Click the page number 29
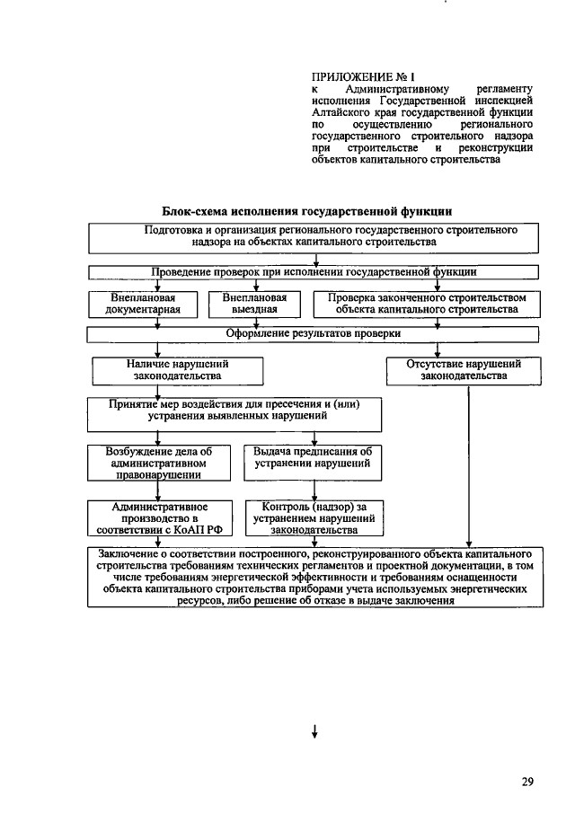[x=527, y=782]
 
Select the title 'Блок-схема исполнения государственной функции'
[x=306, y=211]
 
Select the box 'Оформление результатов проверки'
[x=314, y=333]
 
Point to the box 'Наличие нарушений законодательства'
[x=177, y=370]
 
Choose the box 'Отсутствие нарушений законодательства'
[x=464, y=370]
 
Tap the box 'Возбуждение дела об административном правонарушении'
[x=158, y=463]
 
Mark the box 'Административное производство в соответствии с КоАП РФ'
[x=158, y=518]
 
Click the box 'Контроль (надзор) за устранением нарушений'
[x=312, y=518]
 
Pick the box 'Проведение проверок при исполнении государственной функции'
[x=314, y=270]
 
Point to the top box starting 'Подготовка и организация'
[x=314, y=236]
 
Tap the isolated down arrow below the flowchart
[x=314, y=731]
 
